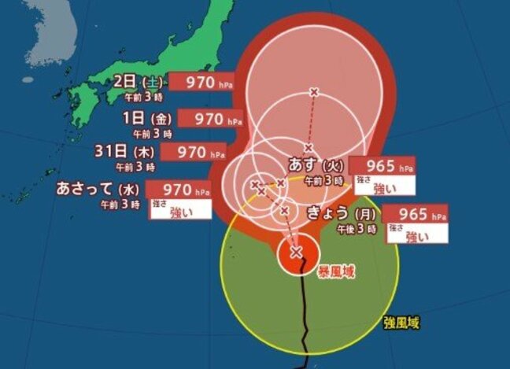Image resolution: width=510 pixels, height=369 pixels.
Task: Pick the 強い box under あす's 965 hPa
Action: pyautogui.click(x=382, y=186)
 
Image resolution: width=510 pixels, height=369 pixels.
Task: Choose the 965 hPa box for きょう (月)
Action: pyautogui.click(x=416, y=213)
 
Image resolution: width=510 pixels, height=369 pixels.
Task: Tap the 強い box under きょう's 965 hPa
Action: pyautogui.click(x=416, y=233)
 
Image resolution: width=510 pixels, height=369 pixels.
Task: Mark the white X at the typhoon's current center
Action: pyautogui.click(x=296, y=252)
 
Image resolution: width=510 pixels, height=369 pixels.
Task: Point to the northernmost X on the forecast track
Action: pyautogui.click(x=314, y=92)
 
